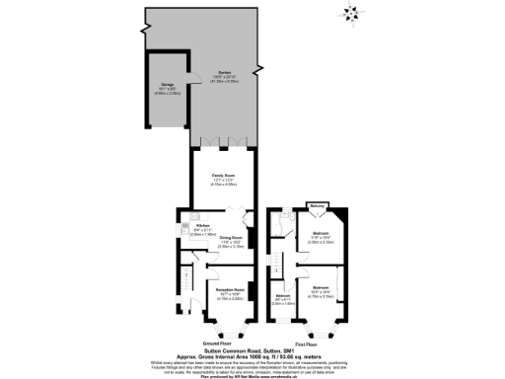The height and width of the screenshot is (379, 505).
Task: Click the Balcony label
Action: [318, 205]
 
